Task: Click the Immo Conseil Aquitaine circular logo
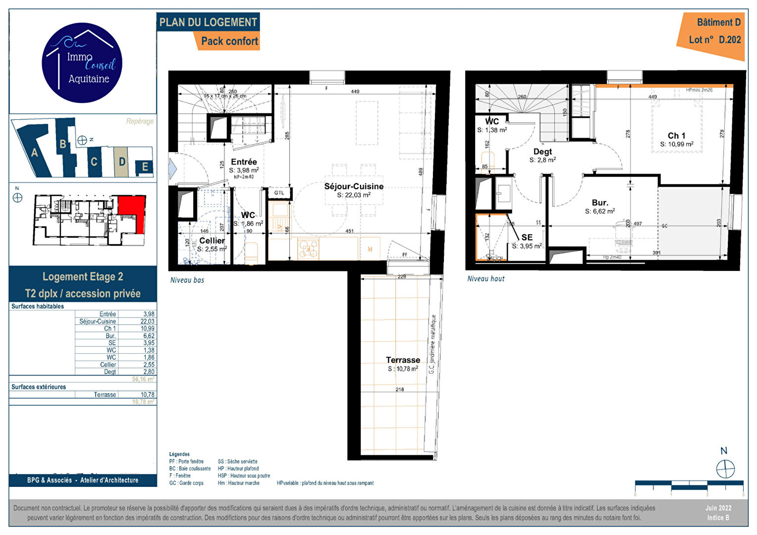[82, 63]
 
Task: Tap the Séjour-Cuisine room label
[354, 187]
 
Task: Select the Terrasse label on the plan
[403, 360]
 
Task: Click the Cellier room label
[212, 241]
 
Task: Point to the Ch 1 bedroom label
[676, 136]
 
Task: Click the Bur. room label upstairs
[599, 203]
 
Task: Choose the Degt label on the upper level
[542, 152]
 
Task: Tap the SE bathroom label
[527, 238]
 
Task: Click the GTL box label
[279, 193]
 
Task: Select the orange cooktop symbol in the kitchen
[308, 249]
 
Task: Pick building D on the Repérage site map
[122, 161]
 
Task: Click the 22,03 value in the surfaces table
[147, 321]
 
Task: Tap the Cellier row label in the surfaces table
[108, 365]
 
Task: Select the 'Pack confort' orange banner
[229, 41]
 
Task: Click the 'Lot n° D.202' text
[714, 40]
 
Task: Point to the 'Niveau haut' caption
[486, 279]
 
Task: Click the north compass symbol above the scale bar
[725, 468]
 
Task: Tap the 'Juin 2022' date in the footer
[718, 508]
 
